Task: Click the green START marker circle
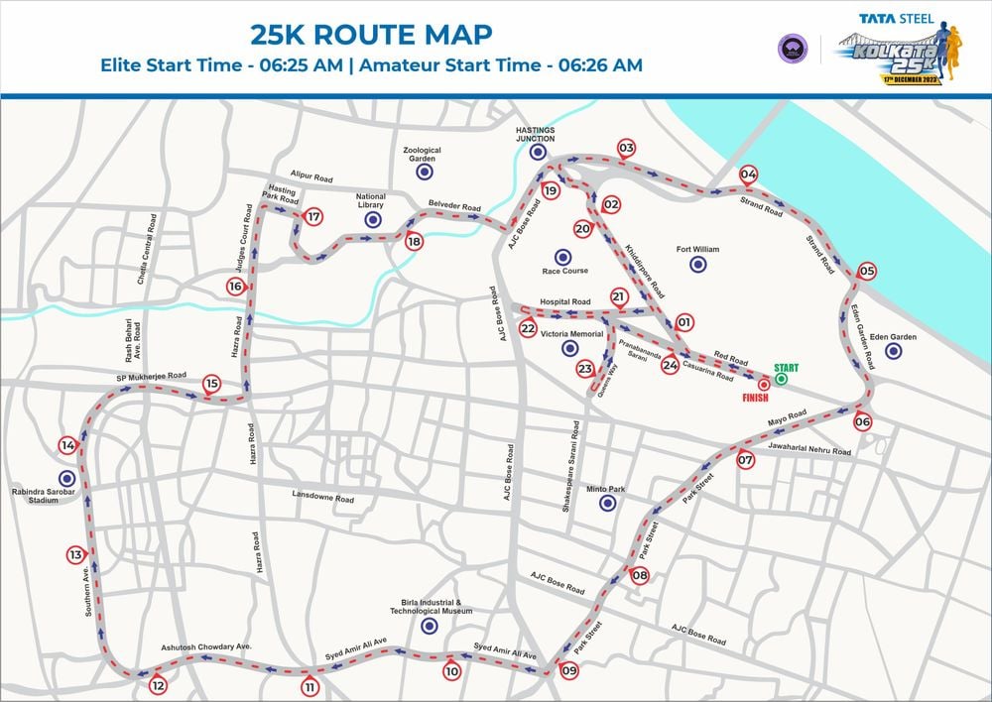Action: point(781,378)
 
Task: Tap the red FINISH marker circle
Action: point(764,384)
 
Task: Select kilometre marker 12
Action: point(158,685)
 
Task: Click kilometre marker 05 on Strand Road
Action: point(867,272)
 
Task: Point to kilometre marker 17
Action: point(313,217)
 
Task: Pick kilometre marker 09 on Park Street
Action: point(568,671)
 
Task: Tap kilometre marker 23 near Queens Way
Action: point(585,369)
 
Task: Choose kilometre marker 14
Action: point(67,445)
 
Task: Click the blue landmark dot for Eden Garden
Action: point(893,351)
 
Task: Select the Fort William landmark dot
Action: point(697,265)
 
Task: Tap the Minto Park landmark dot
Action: point(608,504)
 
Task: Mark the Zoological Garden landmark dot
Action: point(423,171)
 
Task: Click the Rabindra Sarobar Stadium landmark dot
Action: point(66,478)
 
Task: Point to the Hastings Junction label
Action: point(537,135)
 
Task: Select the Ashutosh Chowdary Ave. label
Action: point(206,647)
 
